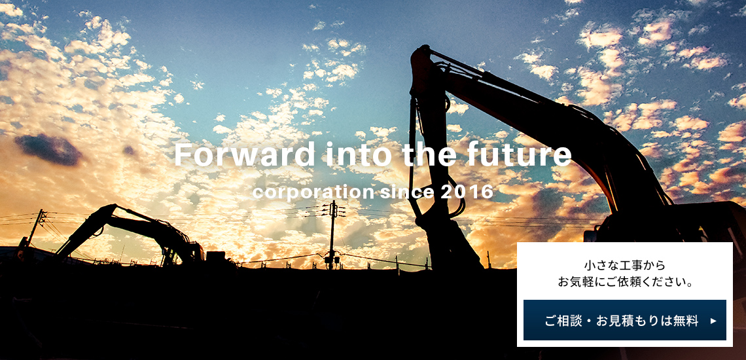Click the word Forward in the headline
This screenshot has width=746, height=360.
pos(245,154)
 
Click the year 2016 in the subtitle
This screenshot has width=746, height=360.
pos(467,192)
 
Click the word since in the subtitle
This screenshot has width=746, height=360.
pos(407,192)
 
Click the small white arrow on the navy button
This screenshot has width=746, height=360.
pos(713,321)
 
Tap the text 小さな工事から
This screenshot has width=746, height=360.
pos(625,265)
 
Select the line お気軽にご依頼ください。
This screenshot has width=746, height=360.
pos(625,282)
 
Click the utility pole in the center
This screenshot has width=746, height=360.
pos(332,236)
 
